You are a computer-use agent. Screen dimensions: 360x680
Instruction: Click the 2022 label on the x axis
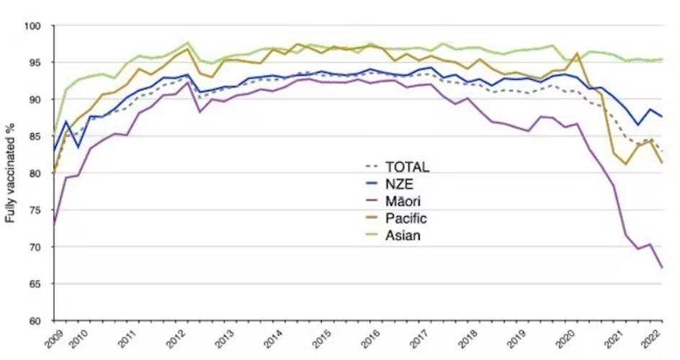click(654, 338)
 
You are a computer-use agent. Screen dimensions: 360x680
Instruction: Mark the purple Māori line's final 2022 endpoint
click(663, 268)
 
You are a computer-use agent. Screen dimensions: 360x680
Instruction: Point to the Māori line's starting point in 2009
click(54, 225)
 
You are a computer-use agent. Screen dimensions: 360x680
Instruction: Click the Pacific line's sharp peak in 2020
click(578, 53)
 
